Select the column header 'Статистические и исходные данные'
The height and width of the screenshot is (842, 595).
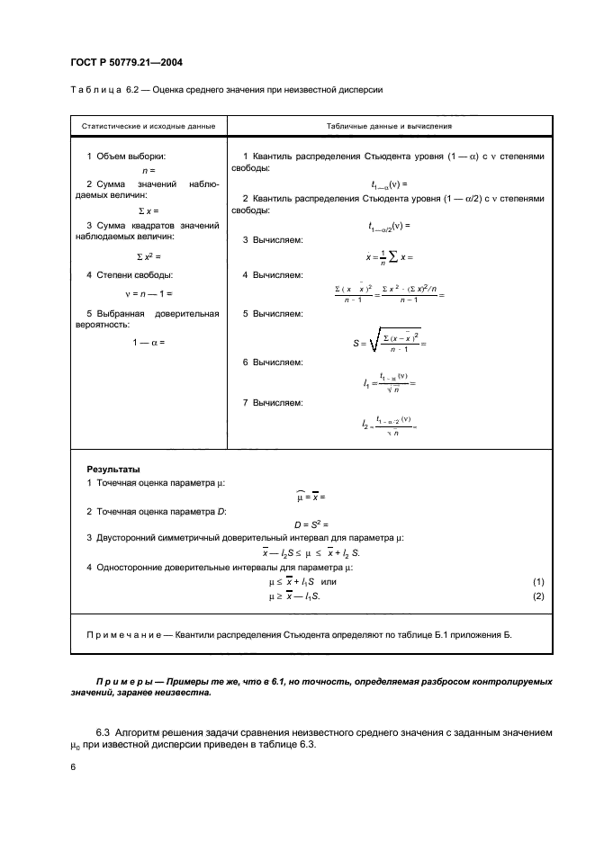(148, 126)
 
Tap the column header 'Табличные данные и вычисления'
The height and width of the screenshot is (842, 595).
(390, 126)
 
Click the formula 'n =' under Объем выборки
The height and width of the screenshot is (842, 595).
(149, 169)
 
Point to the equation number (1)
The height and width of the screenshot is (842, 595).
(538, 582)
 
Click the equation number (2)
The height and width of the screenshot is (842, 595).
(538, 596)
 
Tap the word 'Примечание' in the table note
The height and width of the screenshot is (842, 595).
(121, 634)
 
